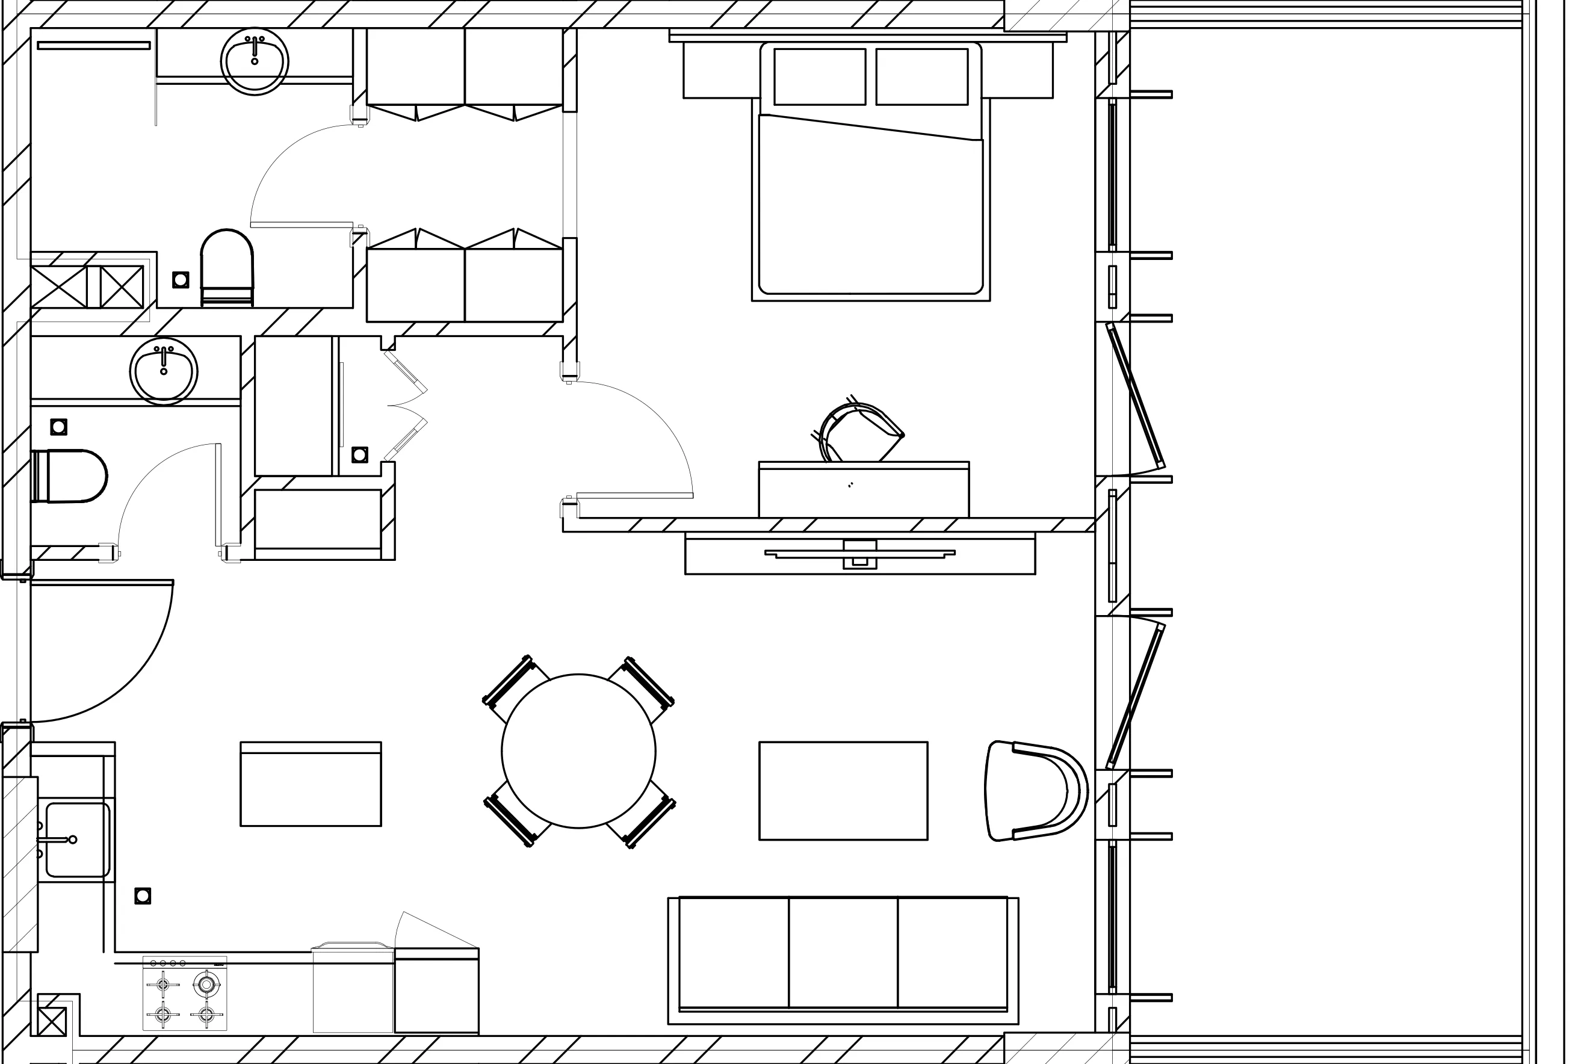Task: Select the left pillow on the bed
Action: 819,76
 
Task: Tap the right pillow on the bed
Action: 921,76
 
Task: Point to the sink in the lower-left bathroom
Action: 164,371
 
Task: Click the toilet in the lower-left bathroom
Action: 71,475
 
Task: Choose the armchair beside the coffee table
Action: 1035,791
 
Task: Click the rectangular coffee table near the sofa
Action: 843,791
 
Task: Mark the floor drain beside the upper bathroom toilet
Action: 181,280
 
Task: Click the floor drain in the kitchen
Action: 143,895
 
